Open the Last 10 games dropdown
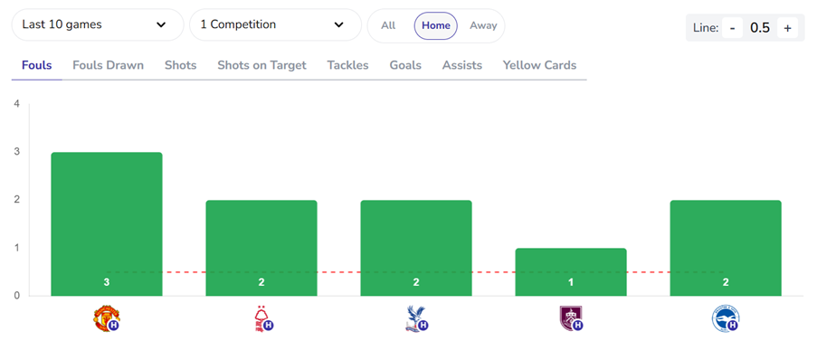(x=97, y=25)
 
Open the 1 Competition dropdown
(x=274, y=25)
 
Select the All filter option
(x=388, y=25)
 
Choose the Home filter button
(x=435, y=25)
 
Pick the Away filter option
(x=483, y=25)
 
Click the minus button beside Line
(x=733, y=28)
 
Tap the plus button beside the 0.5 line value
(x=787, y=28)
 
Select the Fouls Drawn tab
(x=108, y=65)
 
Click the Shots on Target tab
(x=261, y=65)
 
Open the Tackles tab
(x=347, y=65)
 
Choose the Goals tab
(x=405, y=65)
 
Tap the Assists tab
(x=461, y=65)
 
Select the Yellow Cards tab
(x=539, y=65)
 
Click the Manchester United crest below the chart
(x=107, y=318)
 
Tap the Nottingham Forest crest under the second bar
(x=261, y=318)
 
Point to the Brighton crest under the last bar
(x=725, y=318)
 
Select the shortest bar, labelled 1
(x=571, y=271)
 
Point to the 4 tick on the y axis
(x=16, y=104)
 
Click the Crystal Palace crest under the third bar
(x=416, y=318)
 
